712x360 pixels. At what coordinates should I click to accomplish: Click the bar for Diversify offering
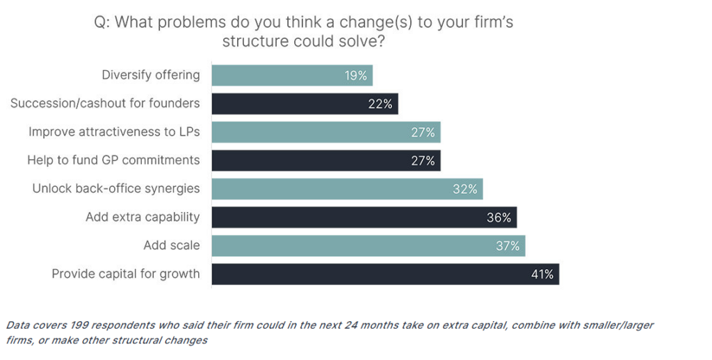[292, 75]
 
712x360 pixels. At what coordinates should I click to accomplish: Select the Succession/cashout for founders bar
[305, 104]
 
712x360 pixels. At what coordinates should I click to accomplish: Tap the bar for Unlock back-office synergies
[347, 188]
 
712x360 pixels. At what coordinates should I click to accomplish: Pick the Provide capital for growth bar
[385, 274]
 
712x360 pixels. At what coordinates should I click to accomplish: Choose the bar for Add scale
[369, 245]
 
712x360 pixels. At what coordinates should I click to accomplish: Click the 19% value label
[356, 75]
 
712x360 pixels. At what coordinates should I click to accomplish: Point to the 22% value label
[381, 104]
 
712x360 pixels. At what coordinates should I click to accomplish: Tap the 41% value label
[542, 275]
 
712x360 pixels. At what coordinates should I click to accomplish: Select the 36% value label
[499, 218]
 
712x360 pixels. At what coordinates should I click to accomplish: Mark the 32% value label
[465, 189]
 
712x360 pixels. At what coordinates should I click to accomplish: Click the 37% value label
[508, 246]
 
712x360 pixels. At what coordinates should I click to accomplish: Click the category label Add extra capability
[143, 217]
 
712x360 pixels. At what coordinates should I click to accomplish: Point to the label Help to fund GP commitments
[113, 160]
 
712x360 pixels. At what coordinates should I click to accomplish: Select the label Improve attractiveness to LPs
[114, 131]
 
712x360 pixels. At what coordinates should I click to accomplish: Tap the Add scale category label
[171, 245]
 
